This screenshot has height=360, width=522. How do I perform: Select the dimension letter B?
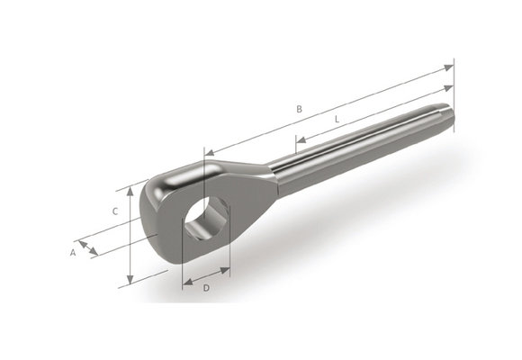[300, 110]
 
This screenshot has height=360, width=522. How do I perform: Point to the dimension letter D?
[206, 288]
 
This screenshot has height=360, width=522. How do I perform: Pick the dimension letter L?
[336, 119]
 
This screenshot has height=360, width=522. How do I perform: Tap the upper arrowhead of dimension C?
[132, 191]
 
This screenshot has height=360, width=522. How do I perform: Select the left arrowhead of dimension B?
[209, 152]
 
